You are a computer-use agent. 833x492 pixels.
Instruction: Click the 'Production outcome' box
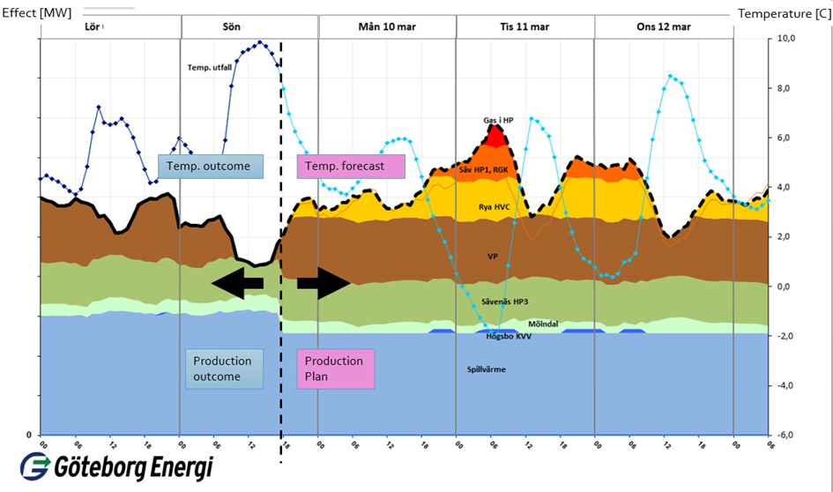tap(224, 369)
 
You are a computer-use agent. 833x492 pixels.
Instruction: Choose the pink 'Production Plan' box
tap(336, 369)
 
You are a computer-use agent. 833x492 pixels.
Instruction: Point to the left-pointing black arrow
tap(237, 282)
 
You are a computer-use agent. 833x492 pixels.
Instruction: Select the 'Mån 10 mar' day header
tap(387, 26)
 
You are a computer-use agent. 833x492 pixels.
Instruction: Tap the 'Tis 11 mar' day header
tap(524, 26)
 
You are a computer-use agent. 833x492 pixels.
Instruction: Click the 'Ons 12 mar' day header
tap(664, 26)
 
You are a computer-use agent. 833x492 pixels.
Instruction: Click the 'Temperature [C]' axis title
tap(784, 12)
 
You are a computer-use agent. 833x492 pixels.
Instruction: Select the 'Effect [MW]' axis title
tap(38, 12)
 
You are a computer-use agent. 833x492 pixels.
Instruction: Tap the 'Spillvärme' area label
tap(486, 369)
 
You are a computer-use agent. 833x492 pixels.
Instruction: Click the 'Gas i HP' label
tap(498, 120)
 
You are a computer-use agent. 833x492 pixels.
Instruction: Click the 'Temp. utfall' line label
tap(209, 68)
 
